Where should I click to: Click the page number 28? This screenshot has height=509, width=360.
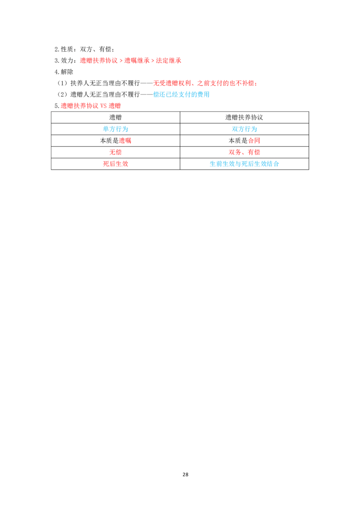(185, 474)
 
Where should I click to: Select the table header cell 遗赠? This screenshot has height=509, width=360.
(115, 117)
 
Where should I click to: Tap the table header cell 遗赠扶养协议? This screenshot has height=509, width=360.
(244, 117)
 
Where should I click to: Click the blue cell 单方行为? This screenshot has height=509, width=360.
(115, 129)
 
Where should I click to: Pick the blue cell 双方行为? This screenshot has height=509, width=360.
(244, 129)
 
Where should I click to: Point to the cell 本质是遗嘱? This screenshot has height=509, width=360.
(115, 141)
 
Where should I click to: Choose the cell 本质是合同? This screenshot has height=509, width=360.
(244, 141)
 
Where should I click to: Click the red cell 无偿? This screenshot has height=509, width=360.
(115, 152)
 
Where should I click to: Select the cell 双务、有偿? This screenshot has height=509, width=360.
(244, 152)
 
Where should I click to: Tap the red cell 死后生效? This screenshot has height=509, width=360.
(115, 164)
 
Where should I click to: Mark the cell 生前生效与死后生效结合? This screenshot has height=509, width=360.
(244, 164)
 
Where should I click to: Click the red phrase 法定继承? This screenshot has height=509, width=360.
(169, 60)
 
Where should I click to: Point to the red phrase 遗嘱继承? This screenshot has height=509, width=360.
(137, 60)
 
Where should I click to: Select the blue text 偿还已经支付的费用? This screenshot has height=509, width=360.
(181, 94)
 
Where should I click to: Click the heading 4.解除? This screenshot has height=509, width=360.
(64, 72)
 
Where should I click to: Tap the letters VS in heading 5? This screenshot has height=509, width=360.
(103, 106)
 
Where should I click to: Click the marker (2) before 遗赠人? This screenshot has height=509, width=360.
(62, 94)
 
